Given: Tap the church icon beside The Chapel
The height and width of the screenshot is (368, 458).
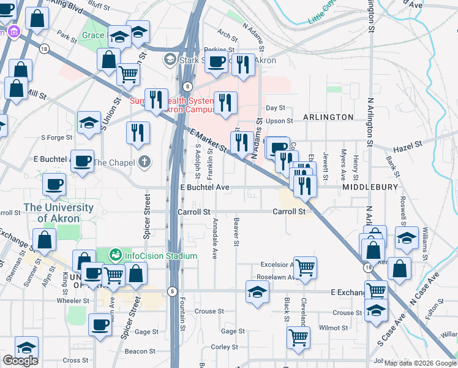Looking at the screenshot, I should click(x=144, y=163).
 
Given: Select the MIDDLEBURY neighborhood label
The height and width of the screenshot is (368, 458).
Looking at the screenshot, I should click(x=370, y=186).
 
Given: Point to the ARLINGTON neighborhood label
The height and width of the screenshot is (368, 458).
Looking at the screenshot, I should click(x=328, y=117).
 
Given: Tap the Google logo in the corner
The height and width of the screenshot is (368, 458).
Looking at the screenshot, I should click(x=20, y=361).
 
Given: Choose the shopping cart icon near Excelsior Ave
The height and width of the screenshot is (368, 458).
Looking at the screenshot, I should click(x=305, y=267).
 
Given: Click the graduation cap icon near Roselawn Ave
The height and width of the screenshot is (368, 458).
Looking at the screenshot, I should click(x=257, y=291).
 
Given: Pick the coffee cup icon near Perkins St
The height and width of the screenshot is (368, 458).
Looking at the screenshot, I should click(x=216, y=61).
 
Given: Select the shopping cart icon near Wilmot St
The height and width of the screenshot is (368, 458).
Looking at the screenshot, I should click(x=298, y=336).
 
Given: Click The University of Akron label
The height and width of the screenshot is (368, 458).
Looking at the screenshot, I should click(x=59, y=213).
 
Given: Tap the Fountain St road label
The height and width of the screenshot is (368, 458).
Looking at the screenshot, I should click(x=182, y=313).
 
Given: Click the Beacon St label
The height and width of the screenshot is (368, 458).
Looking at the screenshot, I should click(x=140, y=351).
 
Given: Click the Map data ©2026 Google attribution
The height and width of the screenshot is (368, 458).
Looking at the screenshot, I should click(x=420, y=363).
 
